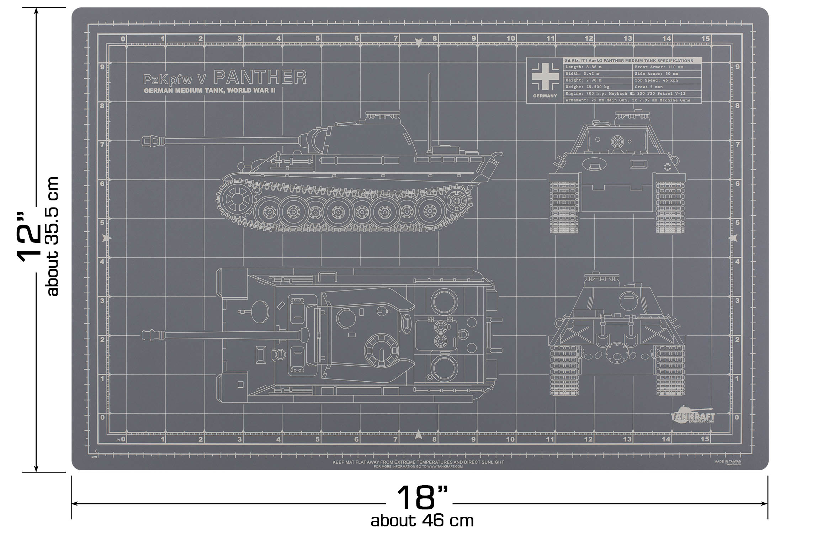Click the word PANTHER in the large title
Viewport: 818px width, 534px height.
(260, 77)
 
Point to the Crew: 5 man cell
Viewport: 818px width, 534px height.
(649, 87)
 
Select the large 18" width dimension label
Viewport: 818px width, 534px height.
(421, 498)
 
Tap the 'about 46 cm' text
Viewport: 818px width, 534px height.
(422, 521)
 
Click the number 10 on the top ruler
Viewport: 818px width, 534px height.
(511, 38)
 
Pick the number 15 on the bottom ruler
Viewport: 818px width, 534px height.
(705, 439)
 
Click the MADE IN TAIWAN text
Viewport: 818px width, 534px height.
(728, 461)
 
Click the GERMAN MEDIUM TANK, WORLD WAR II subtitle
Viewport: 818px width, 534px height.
(209, 91)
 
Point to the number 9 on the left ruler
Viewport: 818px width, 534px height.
(102, 67)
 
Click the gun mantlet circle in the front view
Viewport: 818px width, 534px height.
(618, 142)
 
